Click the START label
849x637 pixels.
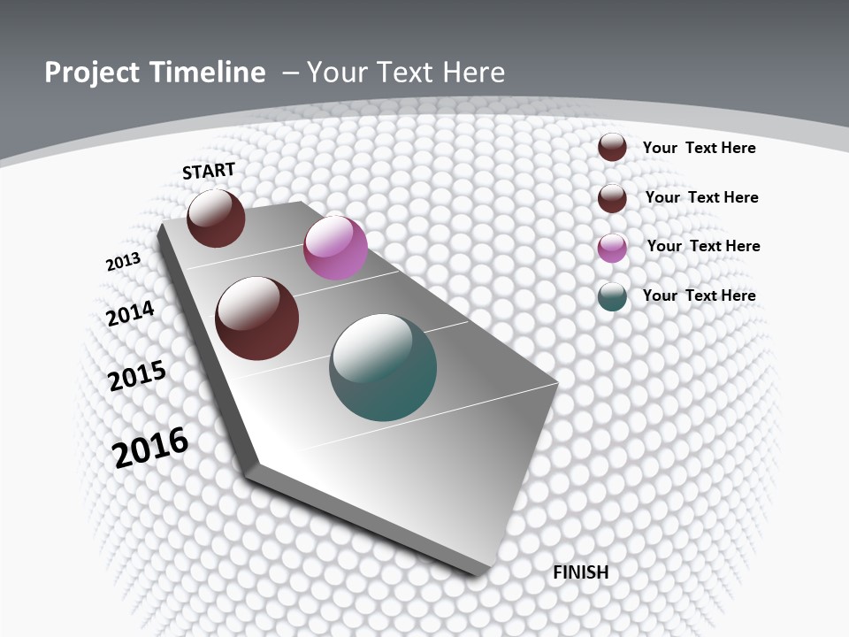[209, 171]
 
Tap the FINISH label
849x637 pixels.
[581, 572]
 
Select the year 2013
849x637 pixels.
[123, 262]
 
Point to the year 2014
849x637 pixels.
[131, 313]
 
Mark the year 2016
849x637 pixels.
[150, 448]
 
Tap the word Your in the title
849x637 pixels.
[336, 73]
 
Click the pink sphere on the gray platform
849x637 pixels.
[335, 248]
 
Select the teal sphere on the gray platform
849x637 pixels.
[383, 367]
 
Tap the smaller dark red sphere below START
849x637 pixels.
[216, 218]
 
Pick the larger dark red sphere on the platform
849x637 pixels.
[257, 318]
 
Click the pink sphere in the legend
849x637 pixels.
[612, 248]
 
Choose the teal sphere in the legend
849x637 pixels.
[612, 296]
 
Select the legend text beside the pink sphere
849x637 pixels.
[703, 246]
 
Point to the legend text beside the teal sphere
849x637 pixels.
[699, 295]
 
